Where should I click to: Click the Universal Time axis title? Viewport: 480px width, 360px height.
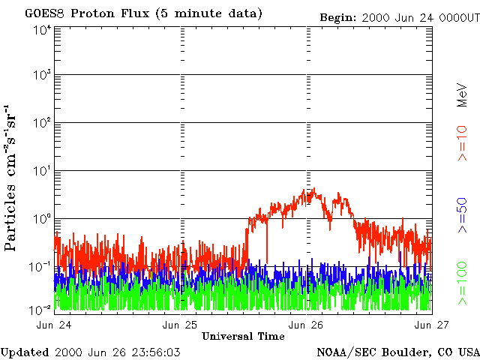(x=242, y=336)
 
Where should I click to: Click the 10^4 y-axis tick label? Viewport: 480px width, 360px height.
(x=42, y=30)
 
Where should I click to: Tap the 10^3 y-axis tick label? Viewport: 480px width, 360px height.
(x=42, y=76)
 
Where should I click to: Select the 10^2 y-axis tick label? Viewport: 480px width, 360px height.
(x=42, y=123)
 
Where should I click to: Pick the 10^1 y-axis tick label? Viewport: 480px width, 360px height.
(x=42, y=171)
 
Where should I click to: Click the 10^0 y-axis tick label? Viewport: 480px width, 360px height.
(x=42, y=218)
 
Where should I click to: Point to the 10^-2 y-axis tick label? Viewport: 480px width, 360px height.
(x=41, y=308)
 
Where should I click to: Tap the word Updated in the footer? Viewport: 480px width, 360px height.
(x=25, y=352)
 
